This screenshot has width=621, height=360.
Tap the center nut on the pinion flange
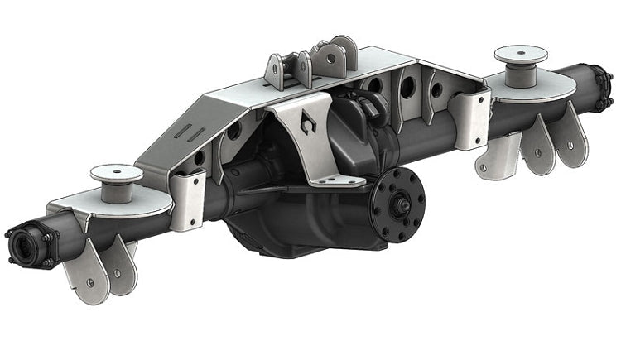[400, 200]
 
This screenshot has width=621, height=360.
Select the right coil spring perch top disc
[520, 56]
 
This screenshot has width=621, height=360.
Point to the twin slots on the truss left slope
[187, 132]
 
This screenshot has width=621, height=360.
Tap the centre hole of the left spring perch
[115, 171]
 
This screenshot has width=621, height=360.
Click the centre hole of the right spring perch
[520, 54]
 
